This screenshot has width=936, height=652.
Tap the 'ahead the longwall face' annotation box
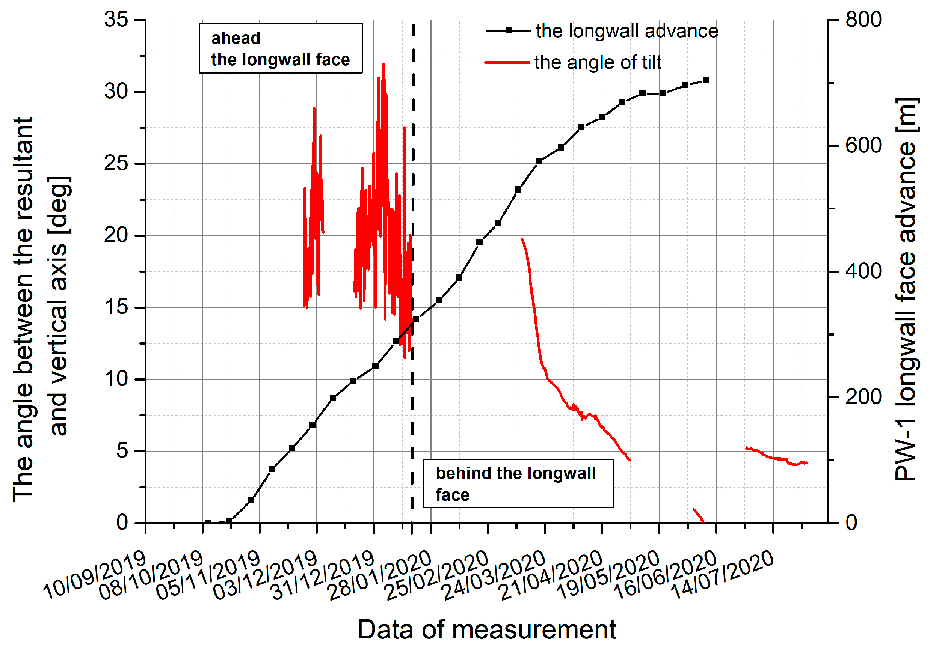(x=281, y=48)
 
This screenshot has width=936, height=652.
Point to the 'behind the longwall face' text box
(x=518, y=484)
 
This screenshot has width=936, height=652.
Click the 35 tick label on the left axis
(x=116, y=19)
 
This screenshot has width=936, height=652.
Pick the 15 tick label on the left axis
(x=116, y=307)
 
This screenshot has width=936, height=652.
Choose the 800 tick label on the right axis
(x=864, y=19)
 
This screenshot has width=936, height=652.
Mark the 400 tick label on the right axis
(x=864, y=271)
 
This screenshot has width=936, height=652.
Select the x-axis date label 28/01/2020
(x=380, y=575)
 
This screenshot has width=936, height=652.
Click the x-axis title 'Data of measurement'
(x=487, y=629)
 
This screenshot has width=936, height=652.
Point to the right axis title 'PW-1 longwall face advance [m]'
(x=906, y=289)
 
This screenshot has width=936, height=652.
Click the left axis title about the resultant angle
(x=41, y=310)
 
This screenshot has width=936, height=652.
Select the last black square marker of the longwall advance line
(x=706, y=80)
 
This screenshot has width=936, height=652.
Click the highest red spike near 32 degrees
(x=383, y=65)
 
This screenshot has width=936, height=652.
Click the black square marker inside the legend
(x=508, y=30)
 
